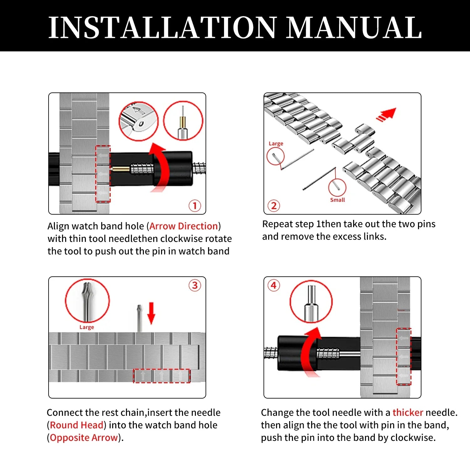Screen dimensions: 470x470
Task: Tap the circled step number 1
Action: (195, 206)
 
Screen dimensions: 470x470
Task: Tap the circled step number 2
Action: (274, 206)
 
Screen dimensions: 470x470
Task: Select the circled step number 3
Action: (195, 285)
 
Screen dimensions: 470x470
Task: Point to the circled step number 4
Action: (274, 285)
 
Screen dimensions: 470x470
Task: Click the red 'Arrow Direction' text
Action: (184, 226)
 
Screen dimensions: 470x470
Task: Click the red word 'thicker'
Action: (408, 412)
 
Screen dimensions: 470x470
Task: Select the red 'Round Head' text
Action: (76, 425)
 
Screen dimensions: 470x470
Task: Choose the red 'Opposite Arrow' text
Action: (84, 437)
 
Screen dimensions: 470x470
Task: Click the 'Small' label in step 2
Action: (337, 200)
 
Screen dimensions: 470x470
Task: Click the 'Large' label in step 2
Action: (276, 144)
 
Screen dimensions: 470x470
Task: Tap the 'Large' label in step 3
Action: (86, 327)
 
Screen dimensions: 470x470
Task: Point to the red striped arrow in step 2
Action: (387, 115)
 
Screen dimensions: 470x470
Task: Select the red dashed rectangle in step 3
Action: (162, 376)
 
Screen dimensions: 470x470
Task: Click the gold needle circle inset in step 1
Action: (183, 121)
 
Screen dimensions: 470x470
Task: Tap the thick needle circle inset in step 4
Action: (311, 302)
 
